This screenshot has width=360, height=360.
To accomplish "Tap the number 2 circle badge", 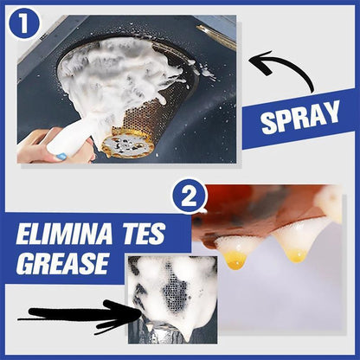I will pyautogui.click(x=189, y=198).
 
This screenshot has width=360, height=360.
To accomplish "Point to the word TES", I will pyautogui.click(x=148, y=234).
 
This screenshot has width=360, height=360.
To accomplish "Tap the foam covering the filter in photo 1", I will pyautogui.click(x=121, y=74).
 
